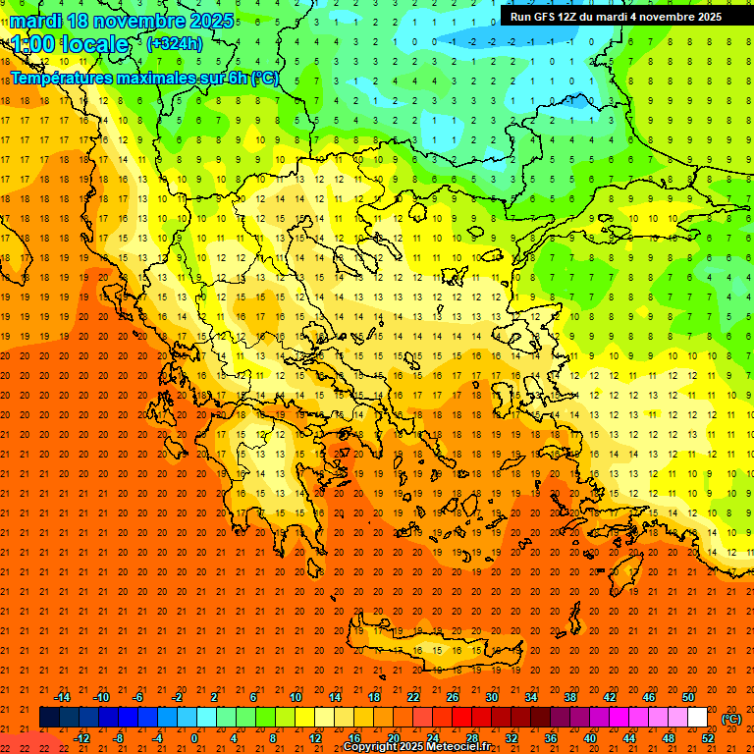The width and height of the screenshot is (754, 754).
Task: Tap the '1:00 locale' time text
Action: coord(70,44)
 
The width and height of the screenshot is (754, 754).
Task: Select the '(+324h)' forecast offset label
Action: coord(174,43)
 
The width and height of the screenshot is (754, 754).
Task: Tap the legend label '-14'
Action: coord(62,697)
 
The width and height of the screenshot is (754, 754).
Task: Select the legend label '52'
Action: coord(708,738)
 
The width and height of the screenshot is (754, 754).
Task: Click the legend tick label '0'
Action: coord(194,738)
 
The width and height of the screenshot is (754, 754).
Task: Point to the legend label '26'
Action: coord(453,697)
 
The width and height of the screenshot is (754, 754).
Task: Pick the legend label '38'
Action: coord(569,697)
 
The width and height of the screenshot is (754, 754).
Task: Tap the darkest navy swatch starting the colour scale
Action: coord(49,718)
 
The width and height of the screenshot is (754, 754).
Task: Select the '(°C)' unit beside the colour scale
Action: coord(731,719)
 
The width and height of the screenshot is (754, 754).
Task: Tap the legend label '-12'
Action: coord(82,738)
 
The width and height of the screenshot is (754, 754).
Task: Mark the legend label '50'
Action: coord(687,697)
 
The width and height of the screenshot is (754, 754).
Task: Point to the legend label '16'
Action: coord(353,738)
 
